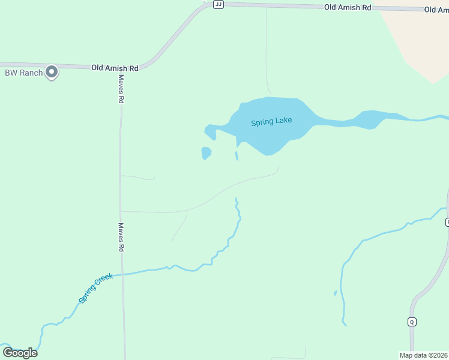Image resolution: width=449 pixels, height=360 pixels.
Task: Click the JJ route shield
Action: (x=218, y=4)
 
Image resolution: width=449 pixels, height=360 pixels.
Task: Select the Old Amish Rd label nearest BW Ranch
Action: (x=115, y=68)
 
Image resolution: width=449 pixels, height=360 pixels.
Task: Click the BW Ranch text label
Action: (x=24, y=73)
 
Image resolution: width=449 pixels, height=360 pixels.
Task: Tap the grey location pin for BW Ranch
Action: (x=52, y=72)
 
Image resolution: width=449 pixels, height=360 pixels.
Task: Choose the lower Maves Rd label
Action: (x=121, y=238)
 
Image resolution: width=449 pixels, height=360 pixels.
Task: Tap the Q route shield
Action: (x=412, y=322)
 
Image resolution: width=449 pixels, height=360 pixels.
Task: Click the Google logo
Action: (x=20, y=353)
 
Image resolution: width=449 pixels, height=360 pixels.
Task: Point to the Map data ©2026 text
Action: (x=424, y=355)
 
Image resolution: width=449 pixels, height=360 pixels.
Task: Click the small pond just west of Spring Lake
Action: (x=206, y=153)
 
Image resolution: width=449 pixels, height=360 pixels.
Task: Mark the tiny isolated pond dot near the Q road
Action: (x=335, y=293)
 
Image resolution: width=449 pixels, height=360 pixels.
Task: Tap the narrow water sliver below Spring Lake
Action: (x=237, y=156)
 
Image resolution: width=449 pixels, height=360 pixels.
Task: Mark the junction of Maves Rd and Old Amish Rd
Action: (x=120, y=66)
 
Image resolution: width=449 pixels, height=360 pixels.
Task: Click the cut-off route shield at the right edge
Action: (x=447, y=223)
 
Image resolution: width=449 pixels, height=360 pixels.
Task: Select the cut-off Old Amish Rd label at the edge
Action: (x=436, y=10)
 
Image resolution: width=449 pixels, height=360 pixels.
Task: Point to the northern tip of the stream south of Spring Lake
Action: (x=236, y=199)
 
